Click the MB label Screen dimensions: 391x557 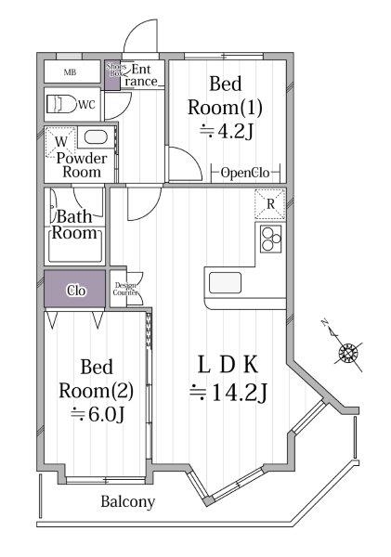(x=70, y=72)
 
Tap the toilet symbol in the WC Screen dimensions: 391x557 (x=61, y=104)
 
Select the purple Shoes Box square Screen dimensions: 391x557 (x=112, y=75)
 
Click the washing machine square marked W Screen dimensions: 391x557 (x=60, y=142)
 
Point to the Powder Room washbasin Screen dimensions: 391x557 (x=96, y=137)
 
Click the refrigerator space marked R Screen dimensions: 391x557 (x=270, y=204)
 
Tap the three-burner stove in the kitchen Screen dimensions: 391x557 (x=270, y=239)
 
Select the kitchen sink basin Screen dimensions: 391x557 (x=225, y=283)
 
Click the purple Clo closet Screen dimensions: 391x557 (x=74, y=289)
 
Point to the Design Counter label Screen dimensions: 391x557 (x=125, y=289)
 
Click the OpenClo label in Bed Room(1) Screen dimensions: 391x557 (x=245, y=173)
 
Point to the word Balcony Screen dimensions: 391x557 (x=128, y=501)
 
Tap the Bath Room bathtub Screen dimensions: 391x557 (x=75, y=246)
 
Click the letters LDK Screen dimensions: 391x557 (x=228, y=365)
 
